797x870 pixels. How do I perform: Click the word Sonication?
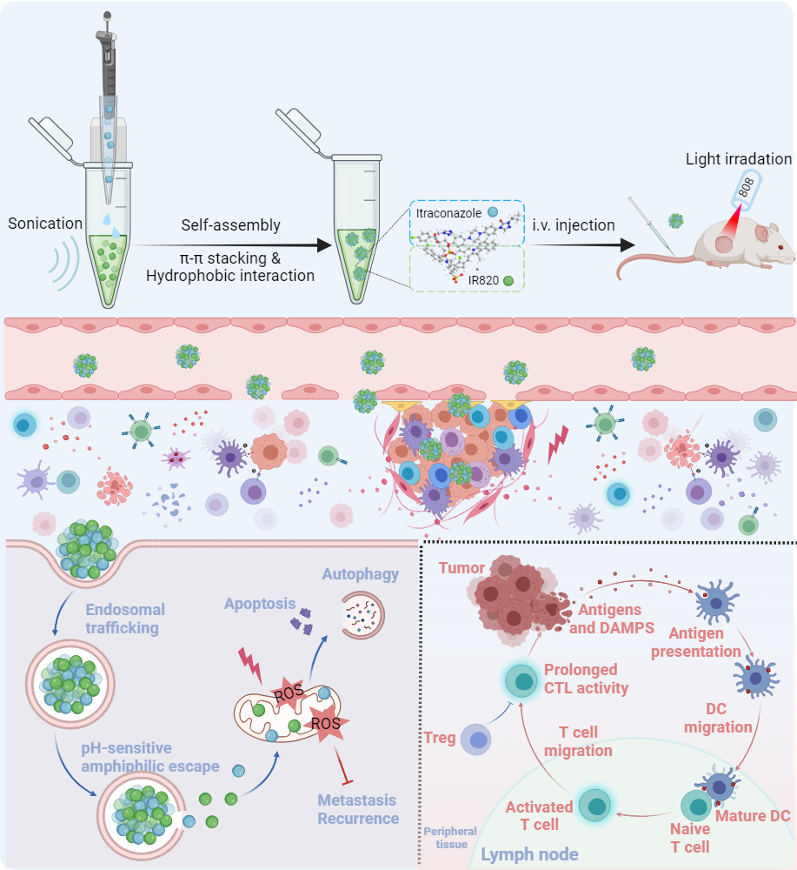tap(44, 224)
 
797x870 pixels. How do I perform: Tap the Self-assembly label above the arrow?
tap(230, 225)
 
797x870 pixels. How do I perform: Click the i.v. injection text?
tap(575, 225)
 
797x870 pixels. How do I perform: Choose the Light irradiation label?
tap(739, 159)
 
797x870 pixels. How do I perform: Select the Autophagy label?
tap(361, 574)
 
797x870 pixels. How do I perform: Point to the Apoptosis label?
tap(260, 603)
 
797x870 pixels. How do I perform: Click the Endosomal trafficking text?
tap(126, 618)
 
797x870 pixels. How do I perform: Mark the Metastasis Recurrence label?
tap(358, 809)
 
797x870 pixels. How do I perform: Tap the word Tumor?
tap(462, 567)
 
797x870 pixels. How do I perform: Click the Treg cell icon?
tap(477, 739)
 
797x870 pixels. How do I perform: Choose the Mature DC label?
tap(751, 817)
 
